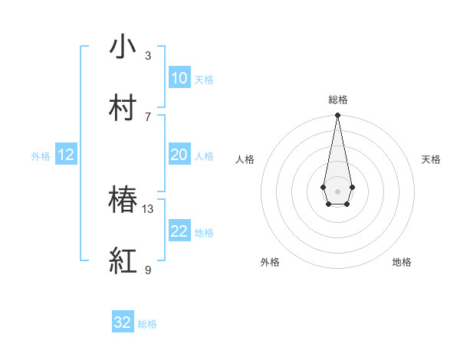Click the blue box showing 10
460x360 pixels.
(x=179, y=78)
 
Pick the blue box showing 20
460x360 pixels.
(x=179, y=155)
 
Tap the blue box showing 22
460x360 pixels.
(x=179, y=231)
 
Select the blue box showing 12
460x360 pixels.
(x=66, y=155)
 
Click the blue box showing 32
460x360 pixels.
(x=123, y=322)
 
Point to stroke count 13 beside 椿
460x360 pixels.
(x=148, y=208)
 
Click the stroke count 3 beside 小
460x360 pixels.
(x=148, y=55)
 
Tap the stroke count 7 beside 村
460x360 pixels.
(x=148, y=116)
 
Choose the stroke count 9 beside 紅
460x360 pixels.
(x=148, y=270)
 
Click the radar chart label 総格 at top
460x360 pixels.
(x=337, y=100)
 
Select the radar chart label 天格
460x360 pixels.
(x=431, y=159)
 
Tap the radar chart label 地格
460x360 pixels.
(x=402, y=262)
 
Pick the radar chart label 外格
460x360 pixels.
(x=270, y=262)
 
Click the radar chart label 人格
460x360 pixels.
(x=245, y=159)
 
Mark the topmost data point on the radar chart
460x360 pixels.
(x=337, y=116)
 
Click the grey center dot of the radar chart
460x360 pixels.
(x=337, y=190)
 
